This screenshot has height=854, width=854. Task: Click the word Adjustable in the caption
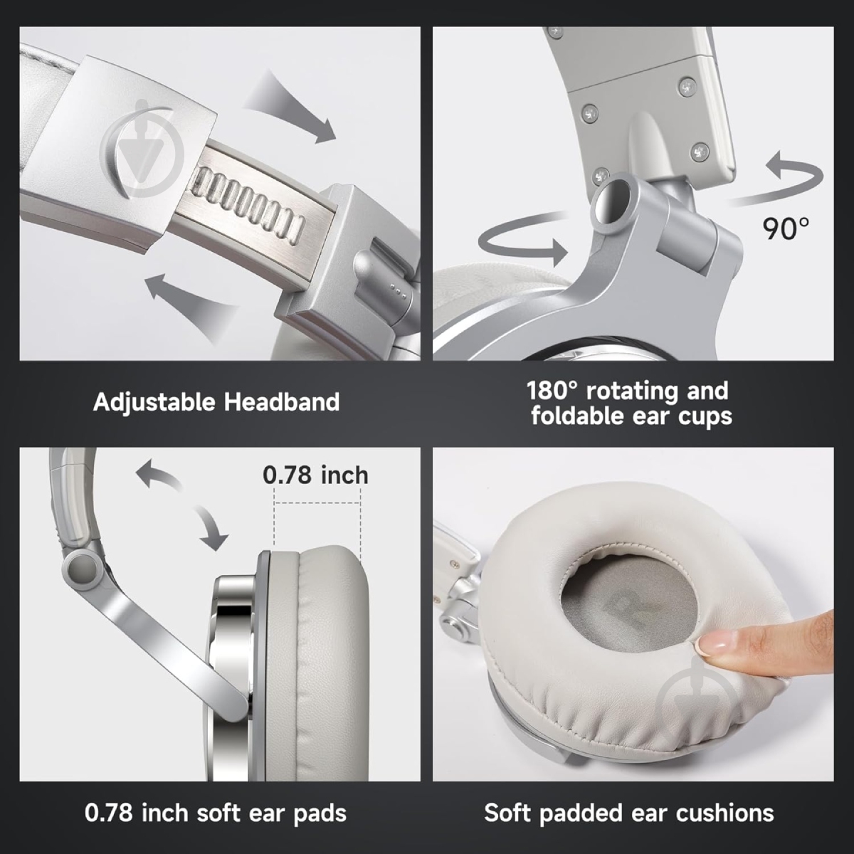(x=154, y=403)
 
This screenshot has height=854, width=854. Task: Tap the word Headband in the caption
(x=282, y=401)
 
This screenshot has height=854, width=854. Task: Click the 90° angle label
(x=785, y=228)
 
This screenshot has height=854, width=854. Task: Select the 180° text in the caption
(x=552, y=391)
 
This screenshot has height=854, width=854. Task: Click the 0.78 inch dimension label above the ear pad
(x=315, y=475)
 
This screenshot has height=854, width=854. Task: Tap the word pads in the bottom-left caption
(x=320, y=814)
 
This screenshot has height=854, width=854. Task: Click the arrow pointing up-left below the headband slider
(x=191, y=306)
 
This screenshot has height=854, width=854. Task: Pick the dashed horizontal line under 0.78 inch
(x=317, y=503)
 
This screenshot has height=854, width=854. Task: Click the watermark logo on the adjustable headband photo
(x=142, y=149)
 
